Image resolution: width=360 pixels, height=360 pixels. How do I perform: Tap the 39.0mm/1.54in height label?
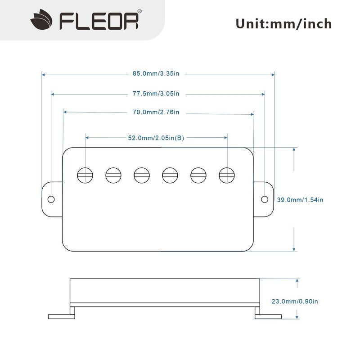click(x=300, y=199)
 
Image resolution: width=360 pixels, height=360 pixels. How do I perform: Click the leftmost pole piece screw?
click(x=85, y=175)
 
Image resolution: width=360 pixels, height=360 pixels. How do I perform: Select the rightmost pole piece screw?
click(x=227, y=175)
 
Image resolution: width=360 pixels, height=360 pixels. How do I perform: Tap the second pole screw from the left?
click(x=113, y=175)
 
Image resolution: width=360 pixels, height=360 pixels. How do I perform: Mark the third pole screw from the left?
click(x=141, y=175)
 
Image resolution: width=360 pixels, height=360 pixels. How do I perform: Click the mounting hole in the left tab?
click(x=51, y=199)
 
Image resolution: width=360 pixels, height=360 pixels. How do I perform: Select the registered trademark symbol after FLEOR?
click(x=139, y=11)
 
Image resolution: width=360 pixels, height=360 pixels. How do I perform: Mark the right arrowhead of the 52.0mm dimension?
click(x=226, y=137)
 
